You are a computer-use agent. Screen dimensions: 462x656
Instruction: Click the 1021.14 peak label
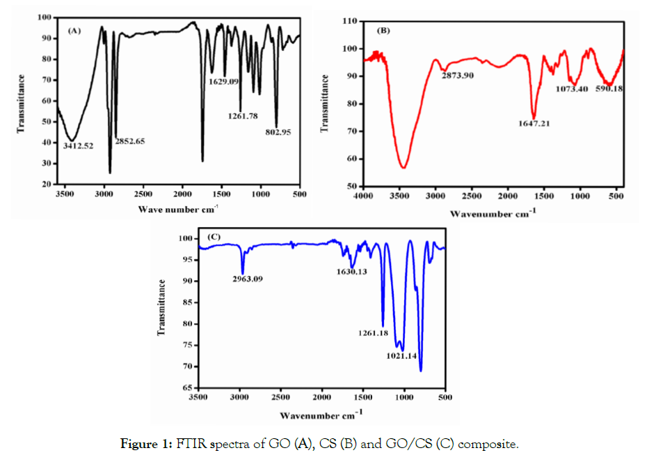point(401,356)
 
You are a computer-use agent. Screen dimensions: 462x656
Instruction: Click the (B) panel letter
point(383,31)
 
